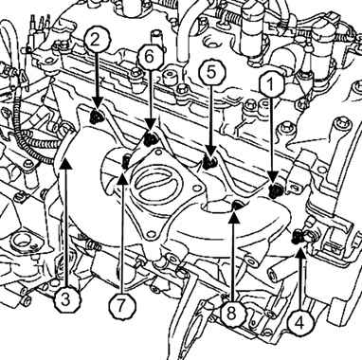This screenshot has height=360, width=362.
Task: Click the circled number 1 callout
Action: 270,84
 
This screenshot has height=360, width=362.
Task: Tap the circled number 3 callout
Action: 65,299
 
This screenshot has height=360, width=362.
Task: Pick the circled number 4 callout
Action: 299,322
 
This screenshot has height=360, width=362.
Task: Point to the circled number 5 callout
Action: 211,72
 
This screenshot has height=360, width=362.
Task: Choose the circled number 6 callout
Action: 150,57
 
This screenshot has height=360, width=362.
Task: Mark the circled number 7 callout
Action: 121,306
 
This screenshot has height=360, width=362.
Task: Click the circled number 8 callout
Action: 231,314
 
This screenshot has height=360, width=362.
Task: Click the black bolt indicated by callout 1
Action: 274,190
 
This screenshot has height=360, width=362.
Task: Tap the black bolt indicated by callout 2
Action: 96,117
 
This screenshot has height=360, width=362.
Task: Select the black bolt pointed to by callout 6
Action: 150,139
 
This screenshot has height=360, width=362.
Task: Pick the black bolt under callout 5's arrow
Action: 208,163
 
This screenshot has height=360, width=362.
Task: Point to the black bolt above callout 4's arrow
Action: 297,236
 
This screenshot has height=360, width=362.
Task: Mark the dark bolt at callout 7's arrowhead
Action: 125,161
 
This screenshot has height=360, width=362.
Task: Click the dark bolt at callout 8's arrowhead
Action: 236,206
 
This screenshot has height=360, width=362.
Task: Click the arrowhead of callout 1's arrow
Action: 272,176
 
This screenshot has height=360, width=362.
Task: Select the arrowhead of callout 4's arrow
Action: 299,252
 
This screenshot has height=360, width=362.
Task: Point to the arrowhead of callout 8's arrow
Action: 233,216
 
